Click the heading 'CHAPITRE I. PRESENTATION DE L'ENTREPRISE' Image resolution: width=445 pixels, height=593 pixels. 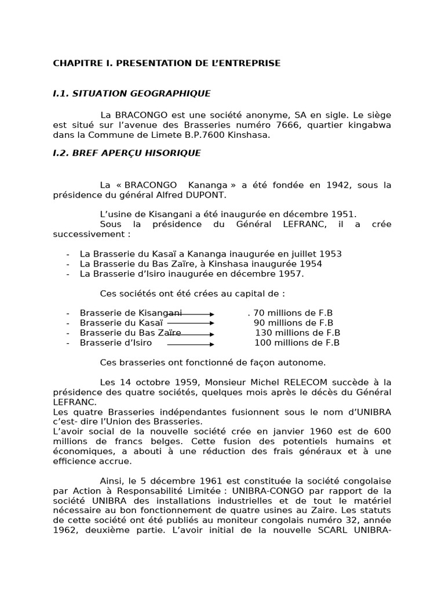click(x=167, y=63)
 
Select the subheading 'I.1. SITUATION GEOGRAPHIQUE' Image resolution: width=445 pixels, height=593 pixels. click(x=132, y=93)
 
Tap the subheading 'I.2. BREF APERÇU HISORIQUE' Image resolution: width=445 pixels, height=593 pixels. click(x=127, y=153)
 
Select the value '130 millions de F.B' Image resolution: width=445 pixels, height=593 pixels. click(x=298, y=332)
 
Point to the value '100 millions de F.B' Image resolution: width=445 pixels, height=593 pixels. click(x=297, y=342)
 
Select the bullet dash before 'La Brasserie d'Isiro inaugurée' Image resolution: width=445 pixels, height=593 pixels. click(x=68, y=274)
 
